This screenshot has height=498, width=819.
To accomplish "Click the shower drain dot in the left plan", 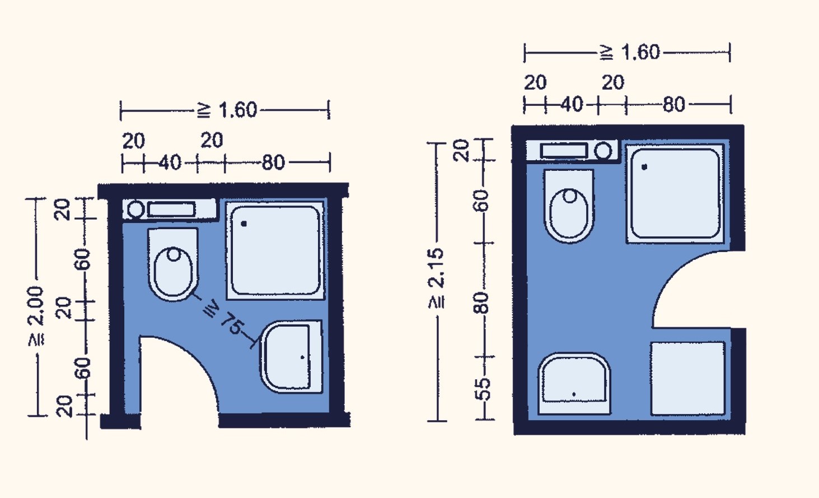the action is pos(244,224).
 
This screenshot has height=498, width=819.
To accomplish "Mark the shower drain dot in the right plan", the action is pos(644,167).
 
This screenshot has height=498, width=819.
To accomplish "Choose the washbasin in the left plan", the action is pos(292,357).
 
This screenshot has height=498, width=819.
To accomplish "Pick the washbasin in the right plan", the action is pos(574,384).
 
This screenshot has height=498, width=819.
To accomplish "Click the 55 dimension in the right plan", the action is pos(483,388).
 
